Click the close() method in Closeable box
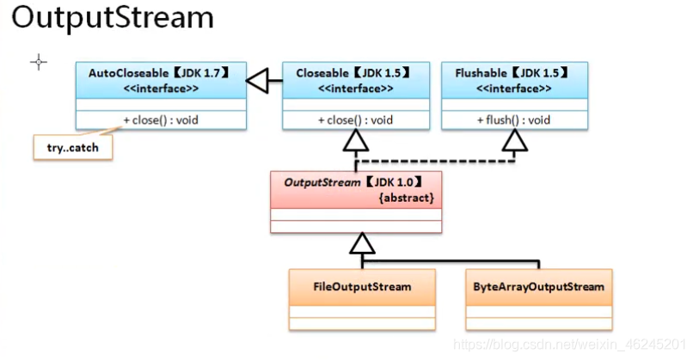(x=355, y=119)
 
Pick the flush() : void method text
(x=513, y=119)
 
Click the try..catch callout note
(x=72, y=147)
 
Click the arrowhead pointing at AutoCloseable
(x=258, y=82)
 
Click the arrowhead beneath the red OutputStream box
(x=362, y=245)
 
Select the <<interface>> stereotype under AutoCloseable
(x=161, y=88)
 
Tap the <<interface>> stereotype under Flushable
(x=513, y=88)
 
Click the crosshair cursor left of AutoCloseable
(x=39, y=62)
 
